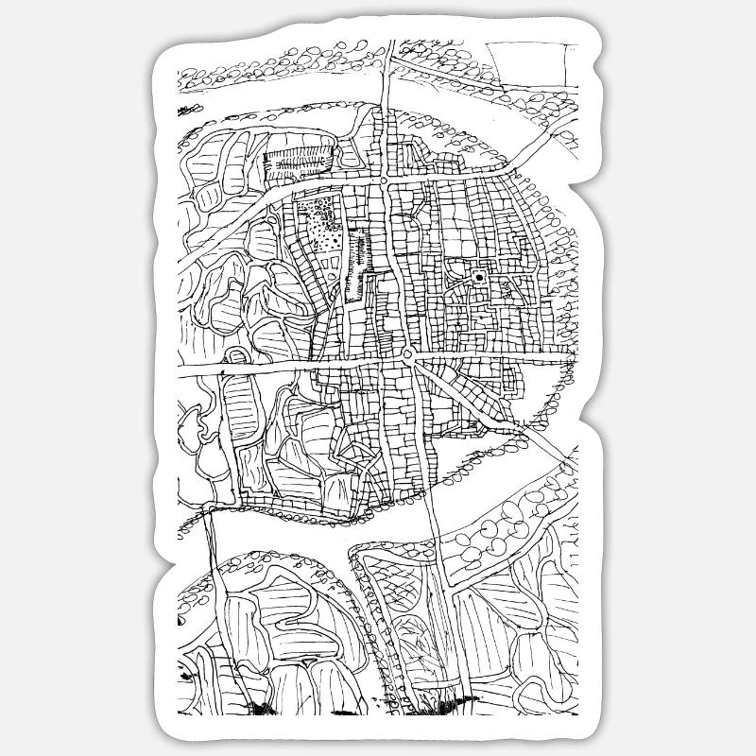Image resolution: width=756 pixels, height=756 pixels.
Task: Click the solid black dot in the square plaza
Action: [x=480, y=277]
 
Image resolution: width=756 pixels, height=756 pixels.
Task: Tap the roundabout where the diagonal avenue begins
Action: [x=408, y=353]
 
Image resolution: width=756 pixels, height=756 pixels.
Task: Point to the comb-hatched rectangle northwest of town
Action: [x=298, y=161]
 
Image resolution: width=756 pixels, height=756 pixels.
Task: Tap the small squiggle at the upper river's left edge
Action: [x=180, y=112]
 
